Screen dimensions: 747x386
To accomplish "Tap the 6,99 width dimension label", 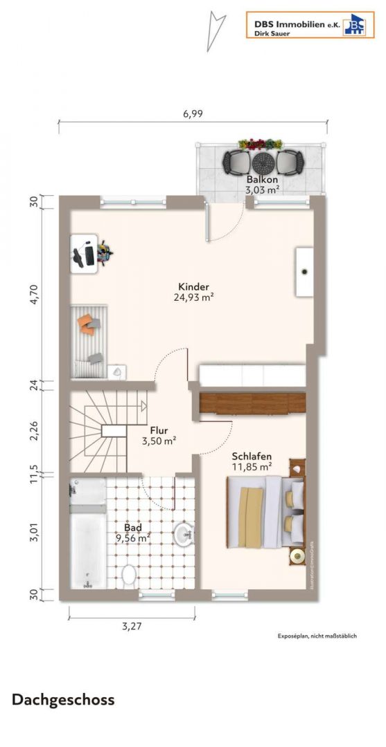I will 193,115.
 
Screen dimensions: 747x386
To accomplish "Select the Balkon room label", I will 262,180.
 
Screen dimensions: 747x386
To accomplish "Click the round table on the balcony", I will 263,163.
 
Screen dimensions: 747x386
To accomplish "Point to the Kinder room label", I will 193,287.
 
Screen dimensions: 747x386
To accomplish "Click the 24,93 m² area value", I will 193,298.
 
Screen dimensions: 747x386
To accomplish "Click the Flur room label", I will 159,430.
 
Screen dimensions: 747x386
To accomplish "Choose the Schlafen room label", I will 251,456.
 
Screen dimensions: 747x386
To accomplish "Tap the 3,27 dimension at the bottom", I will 131,627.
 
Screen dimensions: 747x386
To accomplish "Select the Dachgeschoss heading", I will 63,699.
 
